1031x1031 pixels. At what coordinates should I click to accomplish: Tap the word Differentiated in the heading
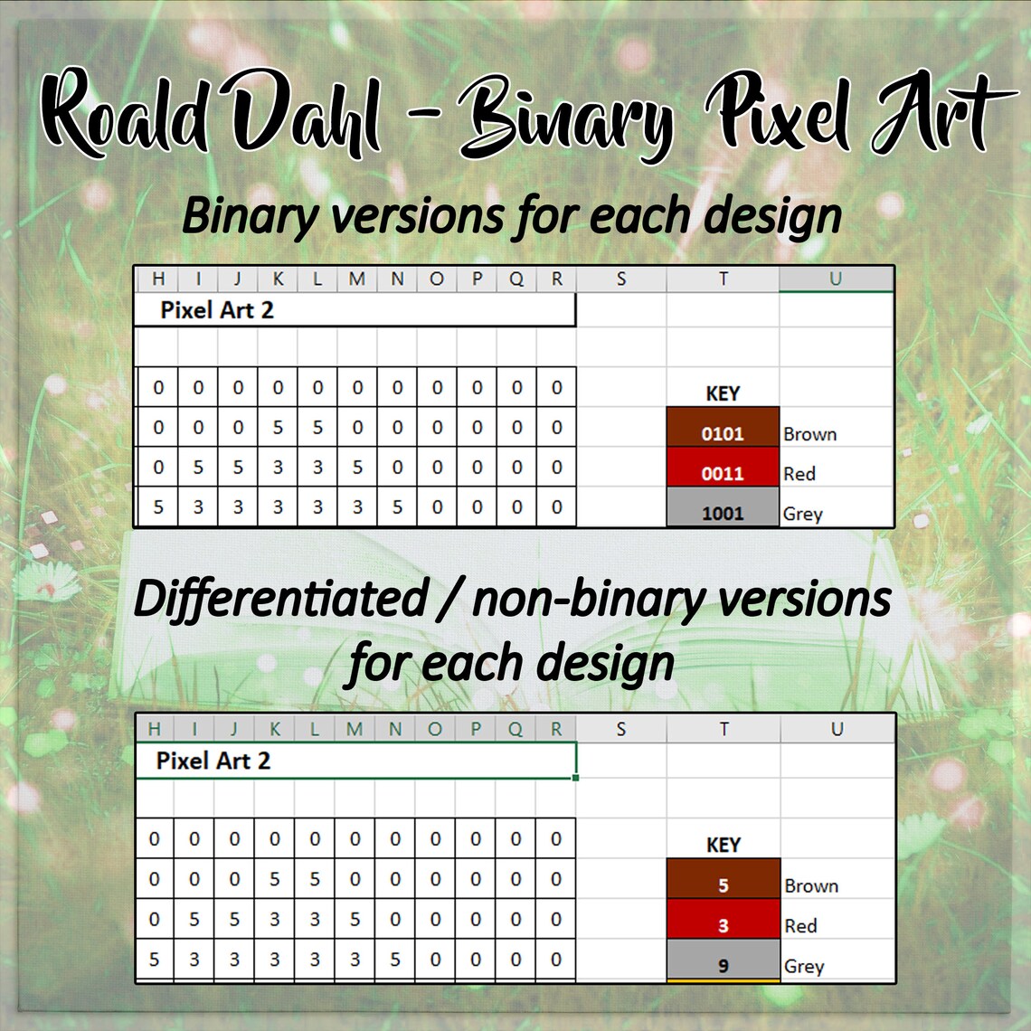[x=280, y=600]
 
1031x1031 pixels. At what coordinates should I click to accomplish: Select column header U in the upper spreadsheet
[x=835, y=279]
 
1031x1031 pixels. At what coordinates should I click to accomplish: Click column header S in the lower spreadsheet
[x=620, y=728]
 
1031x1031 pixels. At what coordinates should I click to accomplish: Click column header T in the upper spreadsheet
[x=723, y=279]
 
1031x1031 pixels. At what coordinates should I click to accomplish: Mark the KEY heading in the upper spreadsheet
[x=723, y=393]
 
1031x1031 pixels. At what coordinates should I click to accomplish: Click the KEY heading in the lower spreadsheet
[x=723, y=845]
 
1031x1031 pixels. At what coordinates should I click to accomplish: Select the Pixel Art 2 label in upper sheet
[x=217, y=310]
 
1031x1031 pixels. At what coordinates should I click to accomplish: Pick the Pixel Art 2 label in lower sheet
[x=213, y=761]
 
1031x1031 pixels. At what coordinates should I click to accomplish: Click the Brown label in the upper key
[x=809, y=434]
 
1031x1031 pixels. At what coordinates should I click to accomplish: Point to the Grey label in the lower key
[x=803, y=966]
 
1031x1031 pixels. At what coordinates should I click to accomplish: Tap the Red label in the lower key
[x=800, y=925]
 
